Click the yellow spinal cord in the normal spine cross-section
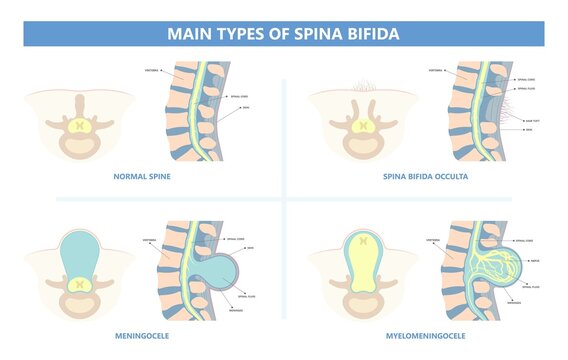(x=80, y=126)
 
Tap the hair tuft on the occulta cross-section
(x=358, y=84)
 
